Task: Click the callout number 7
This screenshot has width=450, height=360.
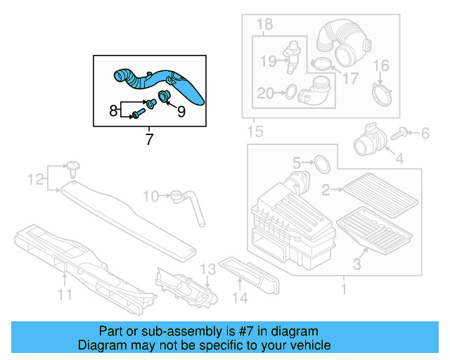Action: [x=149, y=139]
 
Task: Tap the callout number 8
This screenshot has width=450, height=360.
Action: [x=113, y=110]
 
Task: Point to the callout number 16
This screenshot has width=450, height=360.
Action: [x=380, y=67]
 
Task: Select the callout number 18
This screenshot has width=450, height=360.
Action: [x=264, y=25]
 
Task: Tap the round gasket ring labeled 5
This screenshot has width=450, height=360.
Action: [x=321, y=164]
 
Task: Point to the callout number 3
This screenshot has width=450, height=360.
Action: [x=356, y=264]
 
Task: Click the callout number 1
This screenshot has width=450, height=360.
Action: [x=344, y=289]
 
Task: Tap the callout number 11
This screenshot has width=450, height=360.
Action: [x=65, y=295]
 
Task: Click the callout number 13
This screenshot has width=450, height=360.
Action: [x=207, y=270]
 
